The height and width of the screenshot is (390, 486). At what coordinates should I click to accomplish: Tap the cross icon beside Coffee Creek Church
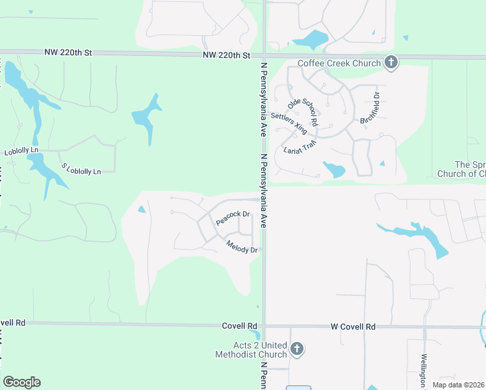[390, 63]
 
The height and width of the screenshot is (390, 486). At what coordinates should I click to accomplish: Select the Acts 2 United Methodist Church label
[251, 350]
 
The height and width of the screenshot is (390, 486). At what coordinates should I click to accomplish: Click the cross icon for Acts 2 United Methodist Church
[296, 350]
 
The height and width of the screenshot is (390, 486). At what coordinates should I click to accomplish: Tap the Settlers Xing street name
[289, 122]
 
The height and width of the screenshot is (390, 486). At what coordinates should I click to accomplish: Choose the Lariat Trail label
[300, 147]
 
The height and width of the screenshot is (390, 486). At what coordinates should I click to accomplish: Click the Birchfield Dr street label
[369, 108]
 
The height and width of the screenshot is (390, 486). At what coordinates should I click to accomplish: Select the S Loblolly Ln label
[81, 168]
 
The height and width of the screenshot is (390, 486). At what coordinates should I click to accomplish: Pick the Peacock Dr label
[233, 217]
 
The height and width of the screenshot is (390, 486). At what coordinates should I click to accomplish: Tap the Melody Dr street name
[242, 246]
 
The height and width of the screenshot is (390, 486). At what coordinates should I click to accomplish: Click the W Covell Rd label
[353, 326]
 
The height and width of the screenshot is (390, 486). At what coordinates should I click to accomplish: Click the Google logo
[21, 382]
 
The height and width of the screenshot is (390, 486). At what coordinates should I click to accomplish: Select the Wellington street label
[422, 368]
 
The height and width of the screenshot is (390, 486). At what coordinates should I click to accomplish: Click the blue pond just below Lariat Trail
[335, 170]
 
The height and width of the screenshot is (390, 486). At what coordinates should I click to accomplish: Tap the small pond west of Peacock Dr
[142, 209]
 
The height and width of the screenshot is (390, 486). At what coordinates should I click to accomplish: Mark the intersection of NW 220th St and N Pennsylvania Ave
[263, 56]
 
